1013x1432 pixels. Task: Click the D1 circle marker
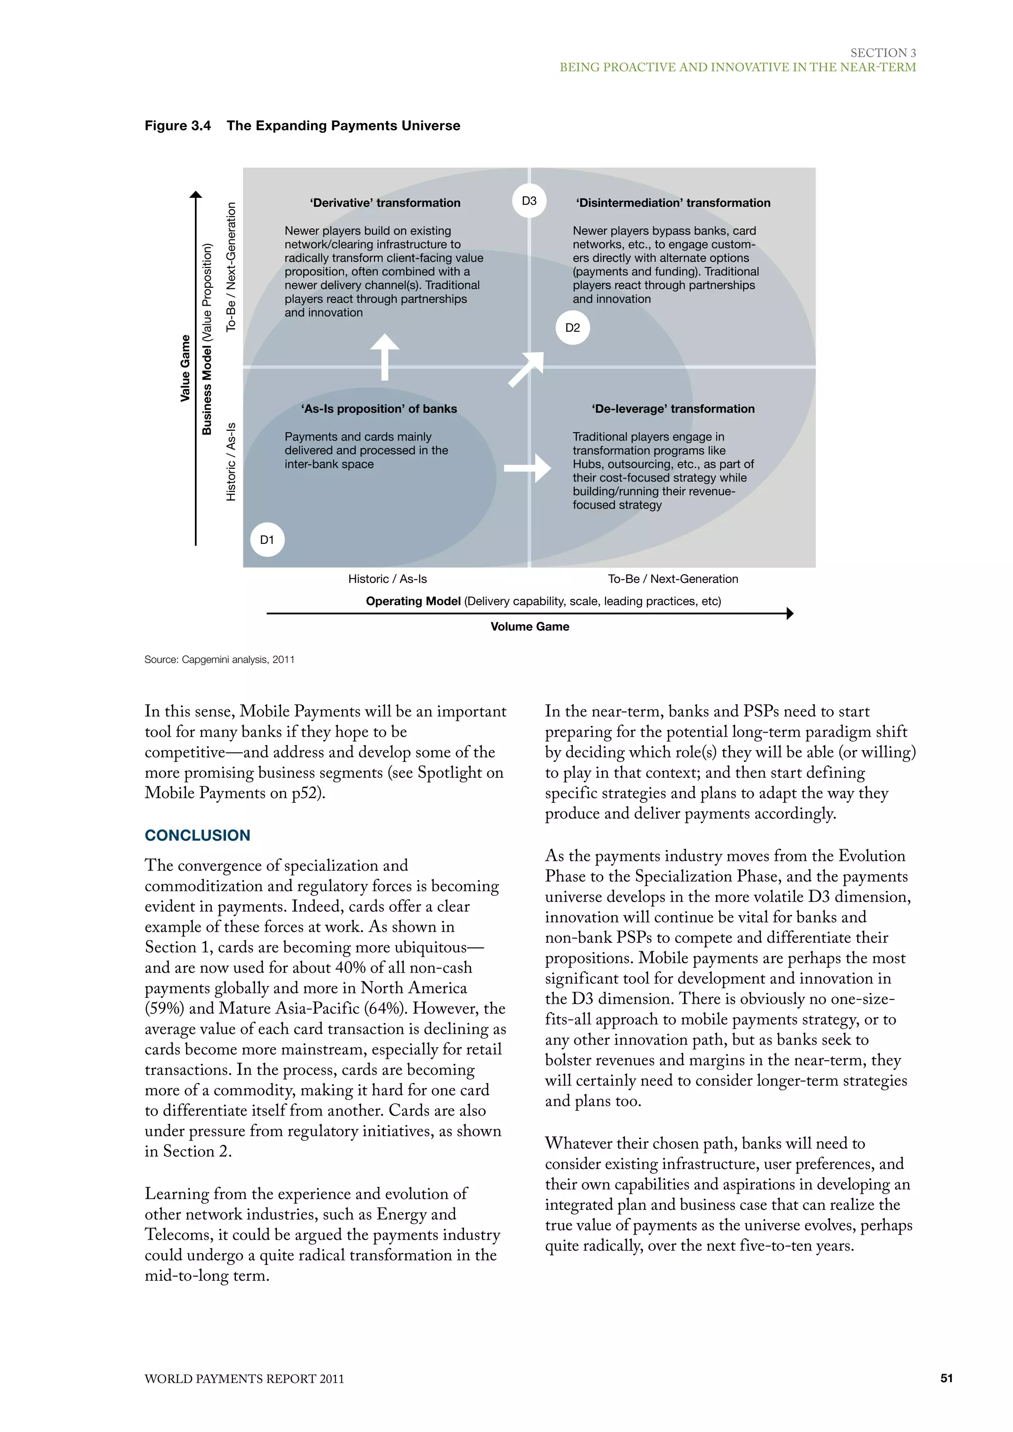pyautogui.click(x=267, y=539)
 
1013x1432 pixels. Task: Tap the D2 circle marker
pyautogui.click(x=572, y=327)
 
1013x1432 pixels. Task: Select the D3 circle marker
pyautogui.click(x=529, y=201)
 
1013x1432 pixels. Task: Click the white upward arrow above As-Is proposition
pyautogui.click(x=385, y=357)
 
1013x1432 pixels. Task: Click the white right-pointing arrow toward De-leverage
pyautogui.click(x=527, y=468)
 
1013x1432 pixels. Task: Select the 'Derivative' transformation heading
pyautogui.click(x=385, y=203)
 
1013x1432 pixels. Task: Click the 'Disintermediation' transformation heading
pyautogui.click(x=673, y=203)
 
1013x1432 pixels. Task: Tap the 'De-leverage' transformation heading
pyautogui.click(x=673, y=408)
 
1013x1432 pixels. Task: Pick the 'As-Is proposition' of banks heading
pyautogui.click(x=378, y=408)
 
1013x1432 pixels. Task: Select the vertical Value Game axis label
pyautogui.click(x=185, y=368)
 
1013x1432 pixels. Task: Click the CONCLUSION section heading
pyautogui.click(x=197, y=835)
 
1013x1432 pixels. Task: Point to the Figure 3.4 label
pyautogui.click(x=178, y=126)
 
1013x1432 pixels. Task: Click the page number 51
pyautogui.click(x=946, y=1379)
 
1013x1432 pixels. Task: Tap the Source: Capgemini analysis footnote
pyautogui.click(x=220, y=659)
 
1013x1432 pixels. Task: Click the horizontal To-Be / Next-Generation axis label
pyautogui.click(x=673, y=579)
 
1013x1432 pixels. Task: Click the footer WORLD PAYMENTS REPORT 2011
pyautogui.click(x=244, y=1379)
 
